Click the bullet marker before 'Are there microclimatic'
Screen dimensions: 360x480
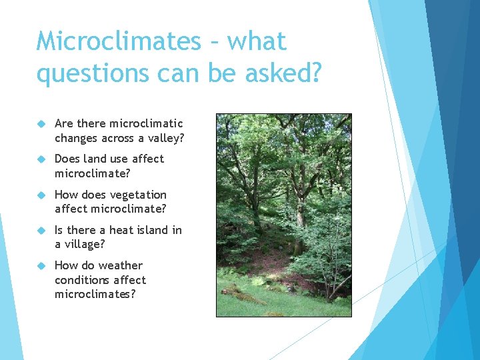41,124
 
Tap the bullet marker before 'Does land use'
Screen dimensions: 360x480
41,159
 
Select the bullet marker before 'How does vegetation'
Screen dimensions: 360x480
41,195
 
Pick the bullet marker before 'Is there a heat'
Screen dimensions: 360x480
41,231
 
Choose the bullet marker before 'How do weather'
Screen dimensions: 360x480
41,266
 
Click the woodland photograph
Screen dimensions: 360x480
283,215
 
